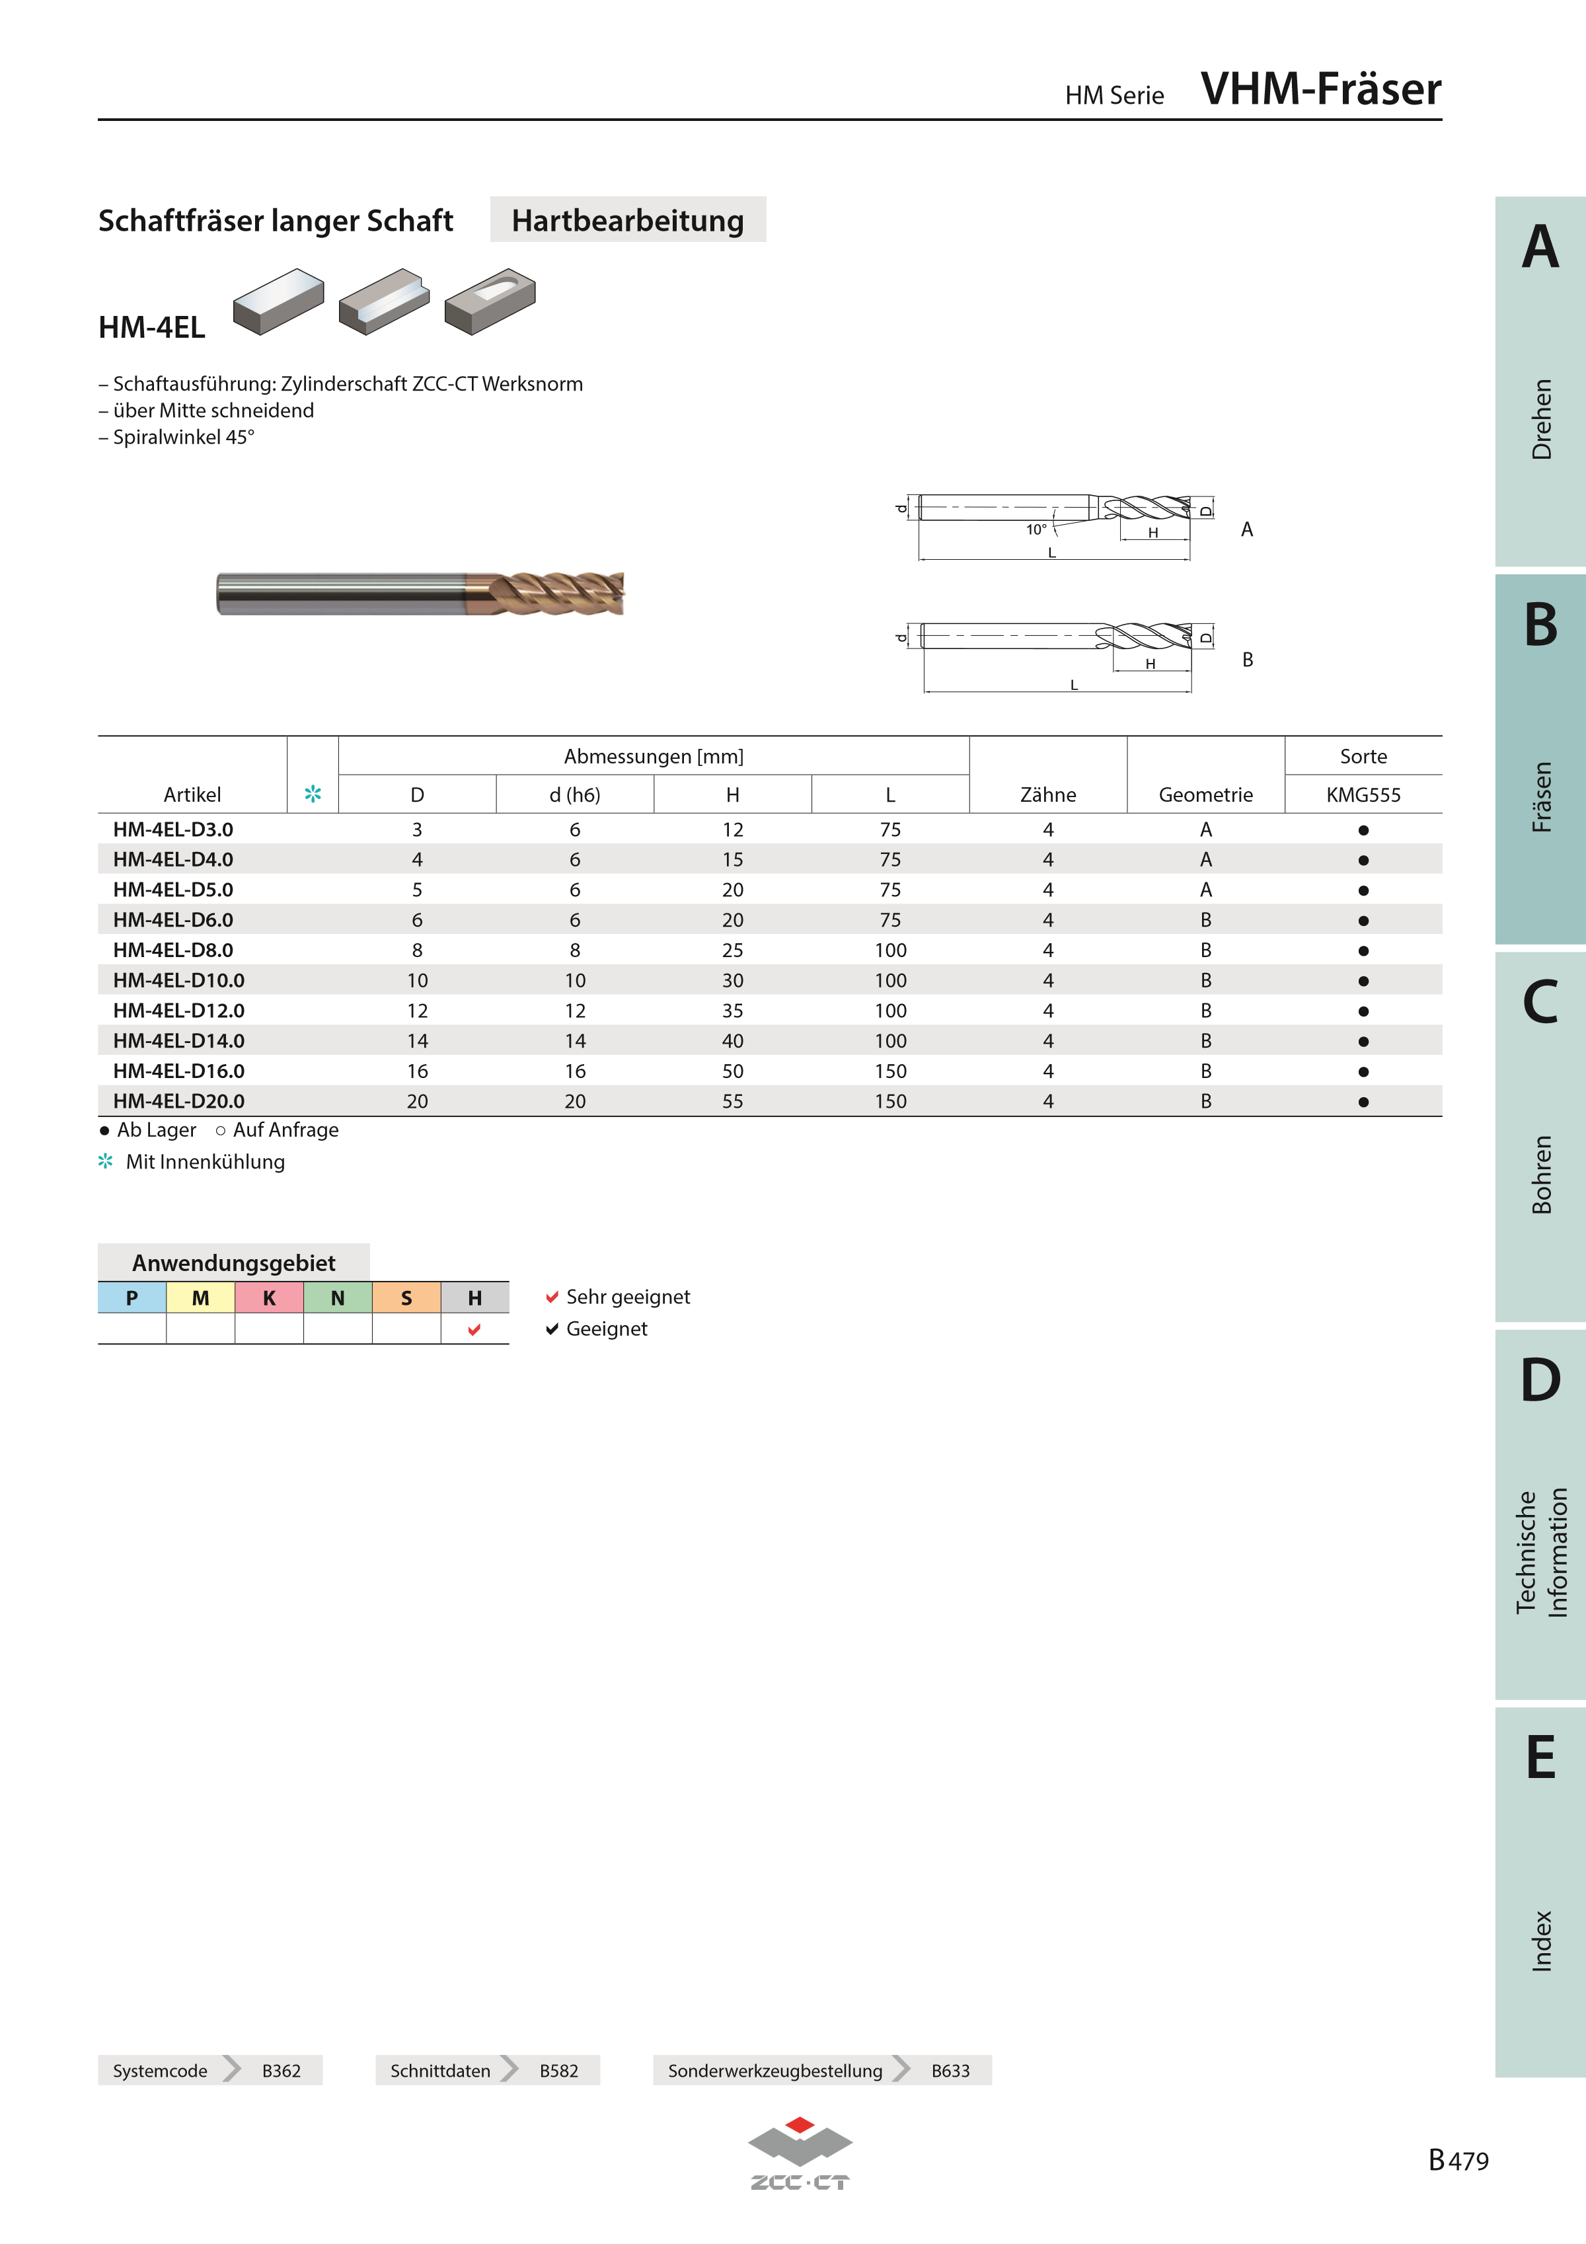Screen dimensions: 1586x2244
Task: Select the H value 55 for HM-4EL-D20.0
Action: [732, 1101]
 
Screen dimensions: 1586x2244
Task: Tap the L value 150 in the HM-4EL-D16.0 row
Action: [890, 1071]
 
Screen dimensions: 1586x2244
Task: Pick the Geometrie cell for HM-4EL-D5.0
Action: [1206, 890]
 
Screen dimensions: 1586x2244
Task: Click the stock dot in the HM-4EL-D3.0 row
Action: [1363, 830]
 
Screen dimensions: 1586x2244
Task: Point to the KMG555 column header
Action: [1363, 794]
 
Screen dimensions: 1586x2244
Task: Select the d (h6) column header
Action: [575, 794]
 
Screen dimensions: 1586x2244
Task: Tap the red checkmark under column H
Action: [475, 1329]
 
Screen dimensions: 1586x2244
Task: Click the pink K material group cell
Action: [269, 1298]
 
